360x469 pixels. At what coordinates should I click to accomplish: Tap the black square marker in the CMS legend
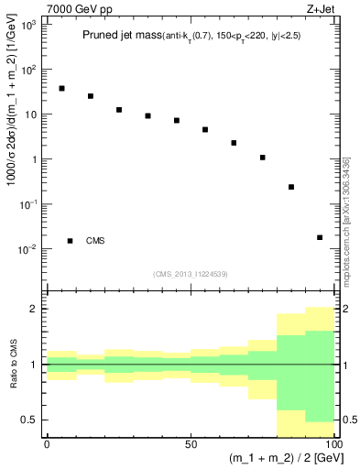[70, 241]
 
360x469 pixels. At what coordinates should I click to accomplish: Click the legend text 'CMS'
[95, 241]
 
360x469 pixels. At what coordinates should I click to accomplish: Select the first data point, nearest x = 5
[61, 89]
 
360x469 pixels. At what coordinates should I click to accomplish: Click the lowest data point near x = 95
[320, 237]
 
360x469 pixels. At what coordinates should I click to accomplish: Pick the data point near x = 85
[291, 187]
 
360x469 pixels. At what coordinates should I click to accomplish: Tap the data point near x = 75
[262, 158]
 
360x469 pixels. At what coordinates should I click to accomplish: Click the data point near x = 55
[205, 130]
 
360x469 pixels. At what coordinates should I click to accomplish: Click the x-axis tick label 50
[191, 442]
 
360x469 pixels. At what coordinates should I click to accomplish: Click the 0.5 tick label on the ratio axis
[32, 420]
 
